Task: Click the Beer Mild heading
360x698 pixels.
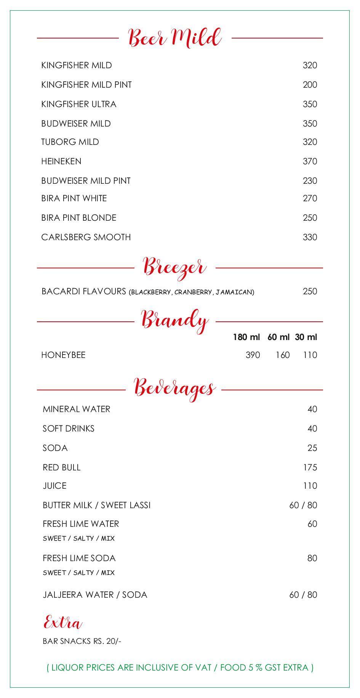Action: (x=175, y=38)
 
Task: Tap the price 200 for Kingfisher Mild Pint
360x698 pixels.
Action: (x=310, y=85)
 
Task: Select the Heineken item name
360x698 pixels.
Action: (x=61, y=162)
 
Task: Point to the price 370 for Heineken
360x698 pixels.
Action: (x=310, y=162)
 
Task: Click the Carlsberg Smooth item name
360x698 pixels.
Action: (x=86, y=237)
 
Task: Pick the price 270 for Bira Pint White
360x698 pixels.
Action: (x=310, y=198)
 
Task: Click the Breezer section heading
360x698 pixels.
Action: (x=175, y=267)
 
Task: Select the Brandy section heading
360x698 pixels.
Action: (x=175, y=321)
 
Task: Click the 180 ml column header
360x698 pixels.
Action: (x=246, y=337)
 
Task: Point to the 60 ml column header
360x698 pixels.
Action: (x=278, y=337)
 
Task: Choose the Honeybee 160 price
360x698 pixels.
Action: (x=282, y=355)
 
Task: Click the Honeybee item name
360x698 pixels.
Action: (x=63, y=355)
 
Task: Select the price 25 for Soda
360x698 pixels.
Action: (x=312, y=448)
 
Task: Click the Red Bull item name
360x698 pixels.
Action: (x=62, y=467)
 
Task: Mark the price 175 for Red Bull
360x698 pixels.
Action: (x=310, y=467)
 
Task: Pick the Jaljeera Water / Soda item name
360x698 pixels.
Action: (x=95, y=595)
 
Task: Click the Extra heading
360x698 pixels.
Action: (x=63, y=623)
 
